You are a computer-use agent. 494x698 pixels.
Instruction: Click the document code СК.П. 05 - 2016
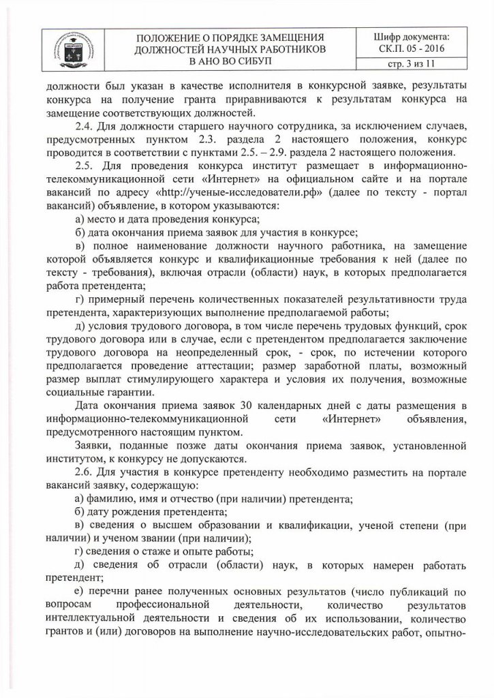[412, 49]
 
